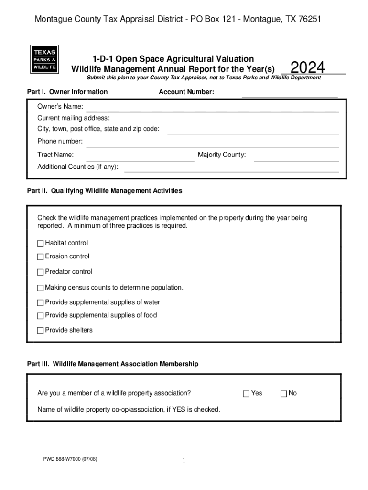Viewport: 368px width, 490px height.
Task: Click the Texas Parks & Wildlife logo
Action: coord(44,59)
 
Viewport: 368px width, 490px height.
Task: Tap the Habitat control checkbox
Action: coord(40,244)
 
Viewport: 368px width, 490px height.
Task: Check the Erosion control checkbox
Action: coord(40,257)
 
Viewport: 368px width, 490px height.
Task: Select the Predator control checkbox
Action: coord(40,272)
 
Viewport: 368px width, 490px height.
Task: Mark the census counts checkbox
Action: coord(40,288)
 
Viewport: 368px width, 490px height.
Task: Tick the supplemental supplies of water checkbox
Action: coord(40,303)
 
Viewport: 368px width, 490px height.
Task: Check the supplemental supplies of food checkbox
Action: coord(40,316)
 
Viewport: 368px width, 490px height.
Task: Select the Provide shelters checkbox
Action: coord(40,331)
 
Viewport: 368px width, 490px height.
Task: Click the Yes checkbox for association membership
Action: coord(246,394)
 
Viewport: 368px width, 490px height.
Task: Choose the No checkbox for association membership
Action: coord(283,394)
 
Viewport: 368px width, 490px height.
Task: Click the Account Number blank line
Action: coord(290,95)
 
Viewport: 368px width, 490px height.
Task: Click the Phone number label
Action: coord(60,141)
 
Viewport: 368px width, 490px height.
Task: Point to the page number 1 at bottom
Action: coord(184,461)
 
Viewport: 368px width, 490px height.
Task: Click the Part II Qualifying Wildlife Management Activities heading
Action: coord(105,191)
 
